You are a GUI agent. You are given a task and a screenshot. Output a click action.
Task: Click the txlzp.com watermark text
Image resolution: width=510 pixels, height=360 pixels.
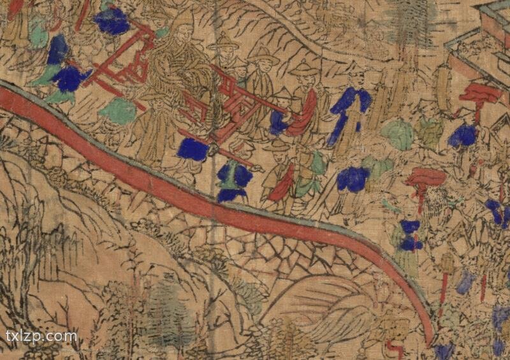41,336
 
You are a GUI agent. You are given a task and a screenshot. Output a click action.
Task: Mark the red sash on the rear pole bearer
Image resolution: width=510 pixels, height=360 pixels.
305,115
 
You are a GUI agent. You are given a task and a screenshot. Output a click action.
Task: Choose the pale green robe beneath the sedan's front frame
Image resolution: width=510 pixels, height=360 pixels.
118,112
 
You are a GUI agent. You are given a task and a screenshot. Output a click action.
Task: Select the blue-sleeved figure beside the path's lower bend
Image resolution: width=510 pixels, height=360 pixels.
408,236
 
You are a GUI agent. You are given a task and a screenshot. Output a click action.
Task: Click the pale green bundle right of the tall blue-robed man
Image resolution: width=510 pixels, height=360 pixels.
397,135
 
